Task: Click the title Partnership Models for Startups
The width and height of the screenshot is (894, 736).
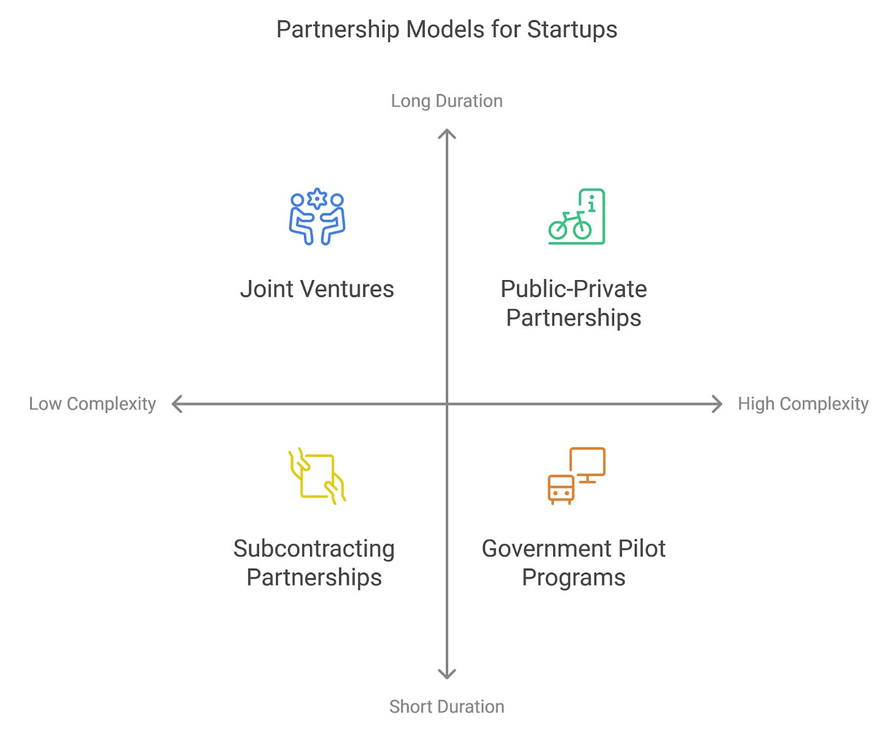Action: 446,29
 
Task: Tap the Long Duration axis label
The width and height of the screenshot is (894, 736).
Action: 446,101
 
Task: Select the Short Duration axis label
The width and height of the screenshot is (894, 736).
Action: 446,707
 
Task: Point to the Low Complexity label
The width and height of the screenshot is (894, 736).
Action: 92,404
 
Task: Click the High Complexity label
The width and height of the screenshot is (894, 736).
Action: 803,404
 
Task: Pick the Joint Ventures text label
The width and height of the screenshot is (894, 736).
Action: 317,289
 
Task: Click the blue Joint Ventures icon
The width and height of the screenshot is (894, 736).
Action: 317,217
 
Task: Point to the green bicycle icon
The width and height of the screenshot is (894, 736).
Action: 570,225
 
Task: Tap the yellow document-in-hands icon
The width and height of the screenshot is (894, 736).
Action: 317,476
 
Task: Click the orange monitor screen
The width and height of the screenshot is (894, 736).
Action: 588,462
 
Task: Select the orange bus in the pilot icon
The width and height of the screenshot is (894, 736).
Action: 561,489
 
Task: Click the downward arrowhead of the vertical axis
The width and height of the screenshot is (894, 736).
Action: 447,675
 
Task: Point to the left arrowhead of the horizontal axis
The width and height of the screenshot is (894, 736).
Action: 176,404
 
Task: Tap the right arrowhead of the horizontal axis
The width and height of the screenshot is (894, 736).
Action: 718,404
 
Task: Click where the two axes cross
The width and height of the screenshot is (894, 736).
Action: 447,404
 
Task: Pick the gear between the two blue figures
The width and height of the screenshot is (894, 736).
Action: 317,198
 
